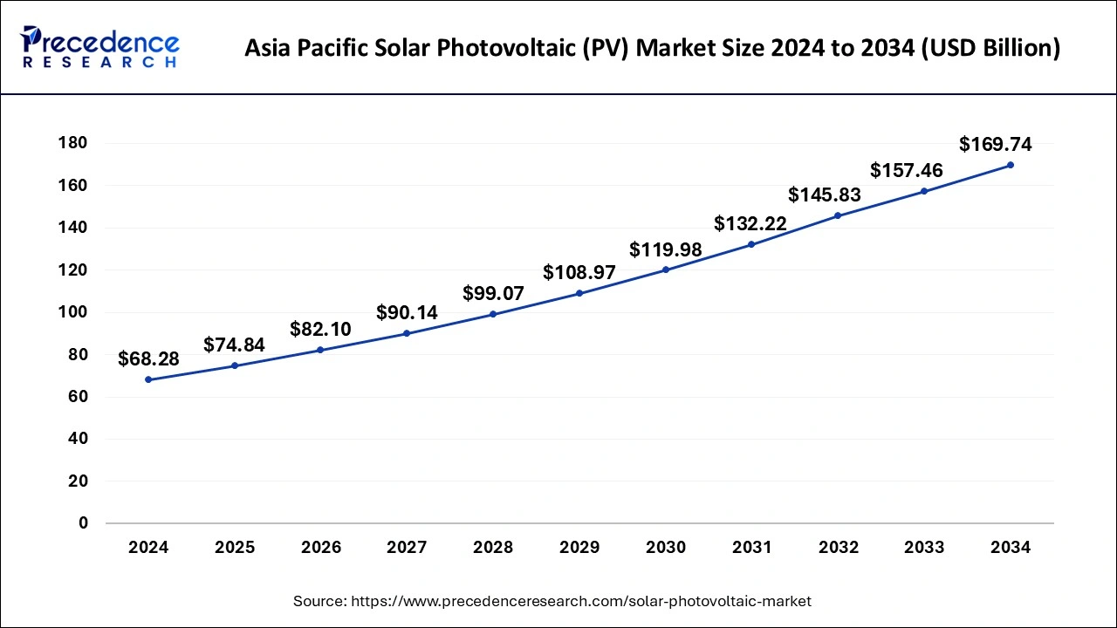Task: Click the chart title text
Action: (x=652, y=48)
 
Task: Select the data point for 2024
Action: (x=148, y=379)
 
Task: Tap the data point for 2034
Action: (x=1010, y=165)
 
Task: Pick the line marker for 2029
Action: (x=579, y=293)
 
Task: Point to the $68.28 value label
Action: (x=148, y=358)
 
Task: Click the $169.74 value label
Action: (x=995, y=145)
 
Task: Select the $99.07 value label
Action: (x=493, y=293)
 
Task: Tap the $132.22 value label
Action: (x=750, y=224)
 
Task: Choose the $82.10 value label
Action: (x=320, y=329)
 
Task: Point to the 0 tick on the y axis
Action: (x=83, y=523)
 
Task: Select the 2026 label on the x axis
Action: (x=320, y=548)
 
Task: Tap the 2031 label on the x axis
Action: (x=751, y=548)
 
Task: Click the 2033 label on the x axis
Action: (x=923, y=548)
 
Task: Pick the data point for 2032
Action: (x=838, y=215)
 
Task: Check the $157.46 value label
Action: (x=906, y=170)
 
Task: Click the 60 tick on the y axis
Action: (x=77, y=397)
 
